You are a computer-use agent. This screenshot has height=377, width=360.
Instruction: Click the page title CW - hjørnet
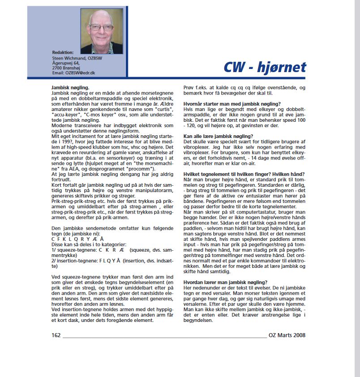tap(265, 67)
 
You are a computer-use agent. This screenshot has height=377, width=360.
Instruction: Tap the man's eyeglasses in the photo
tap(102, 27)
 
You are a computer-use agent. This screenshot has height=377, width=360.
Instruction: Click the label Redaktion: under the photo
tap(63, 52)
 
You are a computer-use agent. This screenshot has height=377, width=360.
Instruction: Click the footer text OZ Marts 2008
tap(287, 335)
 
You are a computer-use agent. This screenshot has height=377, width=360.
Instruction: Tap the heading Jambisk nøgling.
tap(70, 87)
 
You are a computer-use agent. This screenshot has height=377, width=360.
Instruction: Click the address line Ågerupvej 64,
tap(66, 63)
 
